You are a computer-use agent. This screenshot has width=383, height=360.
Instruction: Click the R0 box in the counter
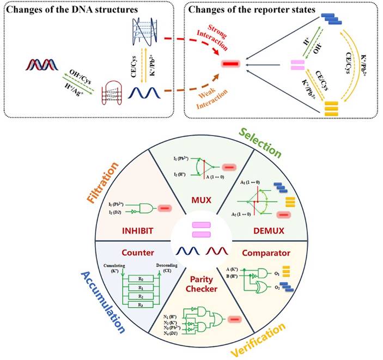141,278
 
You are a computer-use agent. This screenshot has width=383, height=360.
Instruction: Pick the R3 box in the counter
141,306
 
